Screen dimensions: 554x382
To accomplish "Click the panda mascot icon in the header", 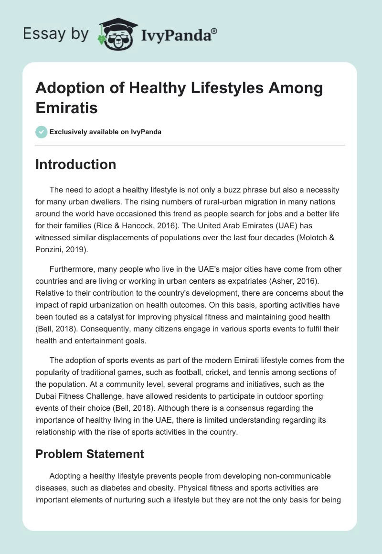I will pos(115,33).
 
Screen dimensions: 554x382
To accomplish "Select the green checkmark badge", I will pos(42,132).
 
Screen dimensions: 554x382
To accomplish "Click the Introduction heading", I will pos(76,164).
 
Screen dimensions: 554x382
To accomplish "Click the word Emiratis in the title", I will pos(67,107).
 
